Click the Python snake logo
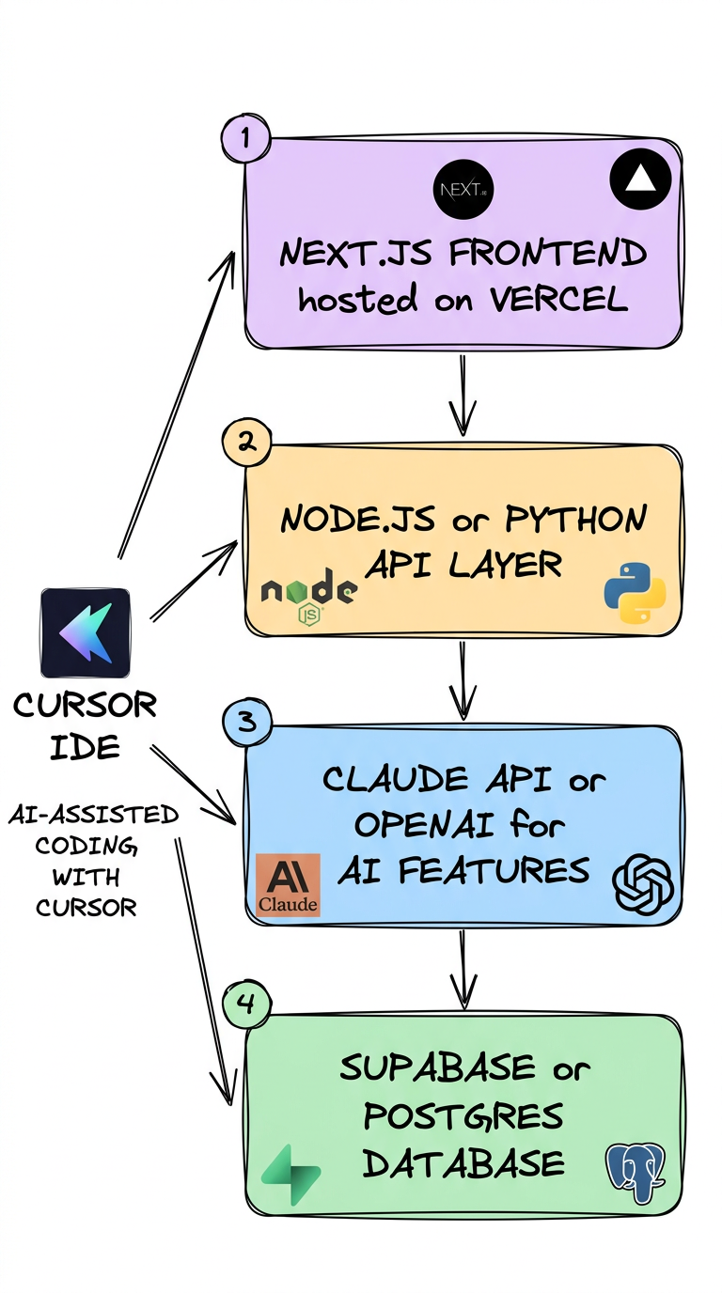(635, 594)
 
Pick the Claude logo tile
(288, 884)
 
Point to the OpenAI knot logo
(644, 884)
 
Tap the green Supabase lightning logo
(291, 1175)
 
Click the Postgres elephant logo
(635, 1170)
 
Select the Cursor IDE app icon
(86, 632)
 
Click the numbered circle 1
(245, 139)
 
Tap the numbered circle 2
(246, 442)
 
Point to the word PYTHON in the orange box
(576, 521)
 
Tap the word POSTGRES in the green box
(463, 1116)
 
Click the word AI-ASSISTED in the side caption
(92, 815)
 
